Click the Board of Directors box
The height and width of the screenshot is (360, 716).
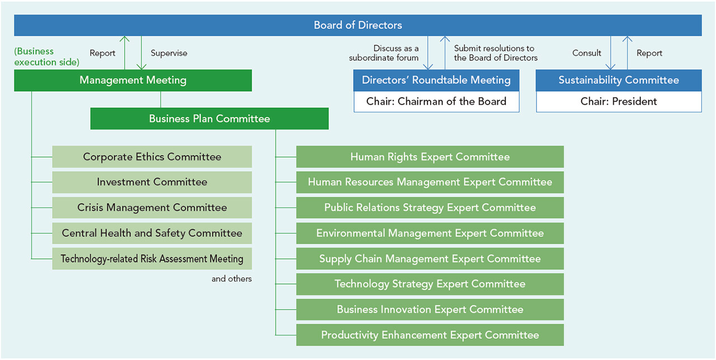pyautogui.click(x=357, y=25)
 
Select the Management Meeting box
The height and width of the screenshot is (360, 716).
pyautogui.click(x=133, y=80)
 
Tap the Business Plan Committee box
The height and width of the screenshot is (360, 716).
pyautogui.click(x=209, y=119)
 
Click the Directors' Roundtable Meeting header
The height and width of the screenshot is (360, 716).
pyautogui.click(x=436, y=80)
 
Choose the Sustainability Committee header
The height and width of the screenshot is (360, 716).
pyautogui.click(x=619, y=80)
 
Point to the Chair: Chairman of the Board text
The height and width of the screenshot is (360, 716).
pyautogui.click(x=436, y=102)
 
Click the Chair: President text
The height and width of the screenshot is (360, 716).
pyautogui.click(x=619, y=102)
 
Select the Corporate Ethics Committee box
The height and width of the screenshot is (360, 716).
pyautogui.click(x=152, y=157)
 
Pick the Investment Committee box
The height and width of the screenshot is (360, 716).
pyautogui.click(x=152, y=182)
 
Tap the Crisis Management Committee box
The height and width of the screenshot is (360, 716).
pyautogui.click(x=152, y=207)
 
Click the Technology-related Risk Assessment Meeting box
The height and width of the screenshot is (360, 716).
pyautogui.click(x=152, y=259)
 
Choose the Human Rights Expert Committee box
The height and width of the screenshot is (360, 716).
pyautogui.click(x=430, y=157)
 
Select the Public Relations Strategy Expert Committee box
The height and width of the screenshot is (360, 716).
pyautogui.click(x=430, y=207)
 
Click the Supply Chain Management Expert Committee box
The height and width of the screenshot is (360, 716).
pyautogui.click(x=430, y=259)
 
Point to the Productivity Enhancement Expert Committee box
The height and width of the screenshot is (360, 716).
pyautogui.click(x=430, y=335)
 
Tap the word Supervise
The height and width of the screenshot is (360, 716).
pyautogui.click(x=169, y=53)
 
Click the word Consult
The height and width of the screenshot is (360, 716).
pyautogui.click(x=587, y=53)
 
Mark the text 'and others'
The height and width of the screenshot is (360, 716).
pyautogui.click(x=232, y=279)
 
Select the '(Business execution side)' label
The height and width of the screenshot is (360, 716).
pyautogui.click(x=46, y=56)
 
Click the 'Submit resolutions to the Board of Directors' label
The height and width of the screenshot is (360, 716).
pyautogui.click(x=496, y=53)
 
